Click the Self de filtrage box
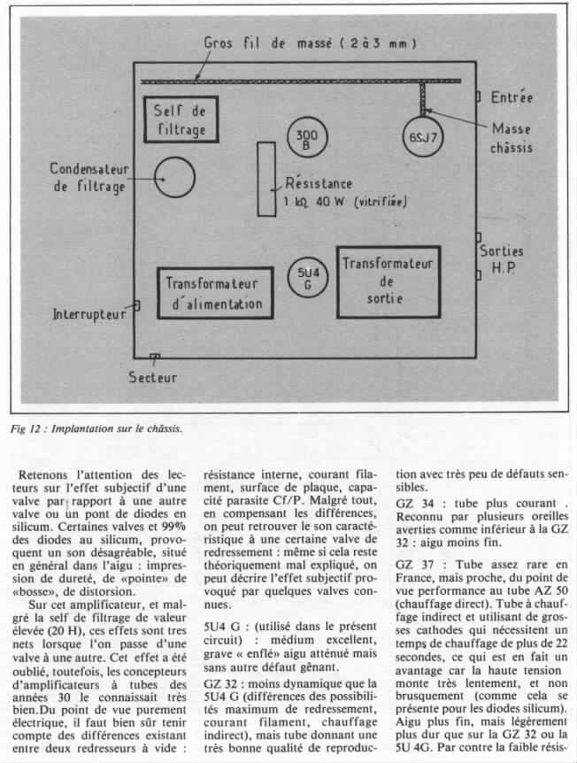180,120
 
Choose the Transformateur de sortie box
388,281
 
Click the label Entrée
512,96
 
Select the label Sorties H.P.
503,259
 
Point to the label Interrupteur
88,313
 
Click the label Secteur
152,377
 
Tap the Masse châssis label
512,138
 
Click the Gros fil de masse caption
312,42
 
